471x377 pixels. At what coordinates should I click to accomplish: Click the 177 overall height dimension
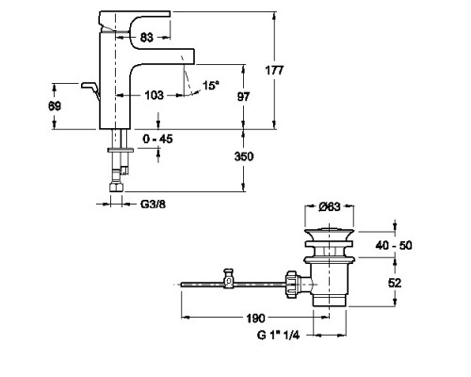(274, 71)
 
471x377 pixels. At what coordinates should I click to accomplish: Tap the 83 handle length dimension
(147, 38)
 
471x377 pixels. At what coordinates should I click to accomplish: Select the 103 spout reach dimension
(154, 95)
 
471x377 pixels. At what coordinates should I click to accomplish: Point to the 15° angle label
(211, 85)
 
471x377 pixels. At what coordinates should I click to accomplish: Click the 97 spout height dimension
(243, 97)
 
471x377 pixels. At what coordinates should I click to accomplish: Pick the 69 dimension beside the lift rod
(55, 107)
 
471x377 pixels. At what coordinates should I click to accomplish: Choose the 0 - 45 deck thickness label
(157, 139)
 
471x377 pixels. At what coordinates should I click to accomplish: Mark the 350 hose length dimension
(244, 156)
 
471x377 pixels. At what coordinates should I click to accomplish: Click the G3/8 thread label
(153, 205)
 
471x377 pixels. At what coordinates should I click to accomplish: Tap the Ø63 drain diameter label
(330, 206)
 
